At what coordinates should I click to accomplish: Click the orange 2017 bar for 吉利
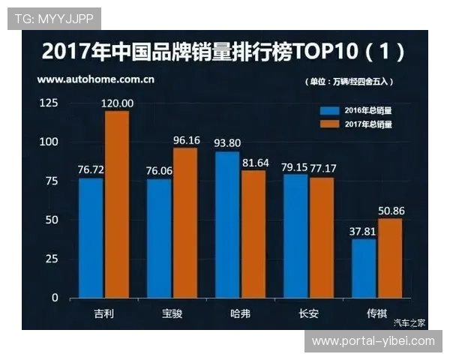pos(117,204)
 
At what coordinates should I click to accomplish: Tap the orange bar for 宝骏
pos(184,222)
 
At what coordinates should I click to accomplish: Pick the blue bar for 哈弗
pos(227,224)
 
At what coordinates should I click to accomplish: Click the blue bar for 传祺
pos(364,268)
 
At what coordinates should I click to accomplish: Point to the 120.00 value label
pos(118,103)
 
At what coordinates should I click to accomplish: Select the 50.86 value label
pos(391,211)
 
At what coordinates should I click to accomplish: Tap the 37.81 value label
pos(363,231)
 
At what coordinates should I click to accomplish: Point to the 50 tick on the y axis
pos(52,219)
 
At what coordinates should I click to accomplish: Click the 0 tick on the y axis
pos(55,297)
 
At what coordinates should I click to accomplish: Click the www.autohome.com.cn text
pos(97,78)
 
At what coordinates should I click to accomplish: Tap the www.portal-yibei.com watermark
pos(373,341)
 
